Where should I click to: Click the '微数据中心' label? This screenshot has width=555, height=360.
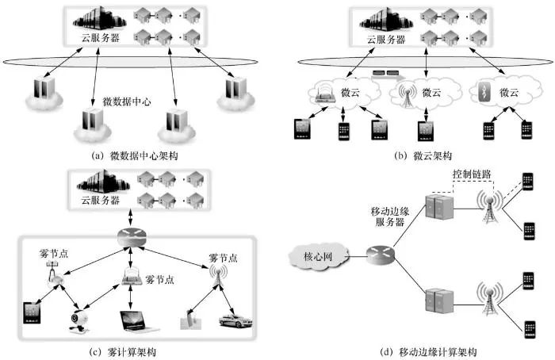coord(128,102)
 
